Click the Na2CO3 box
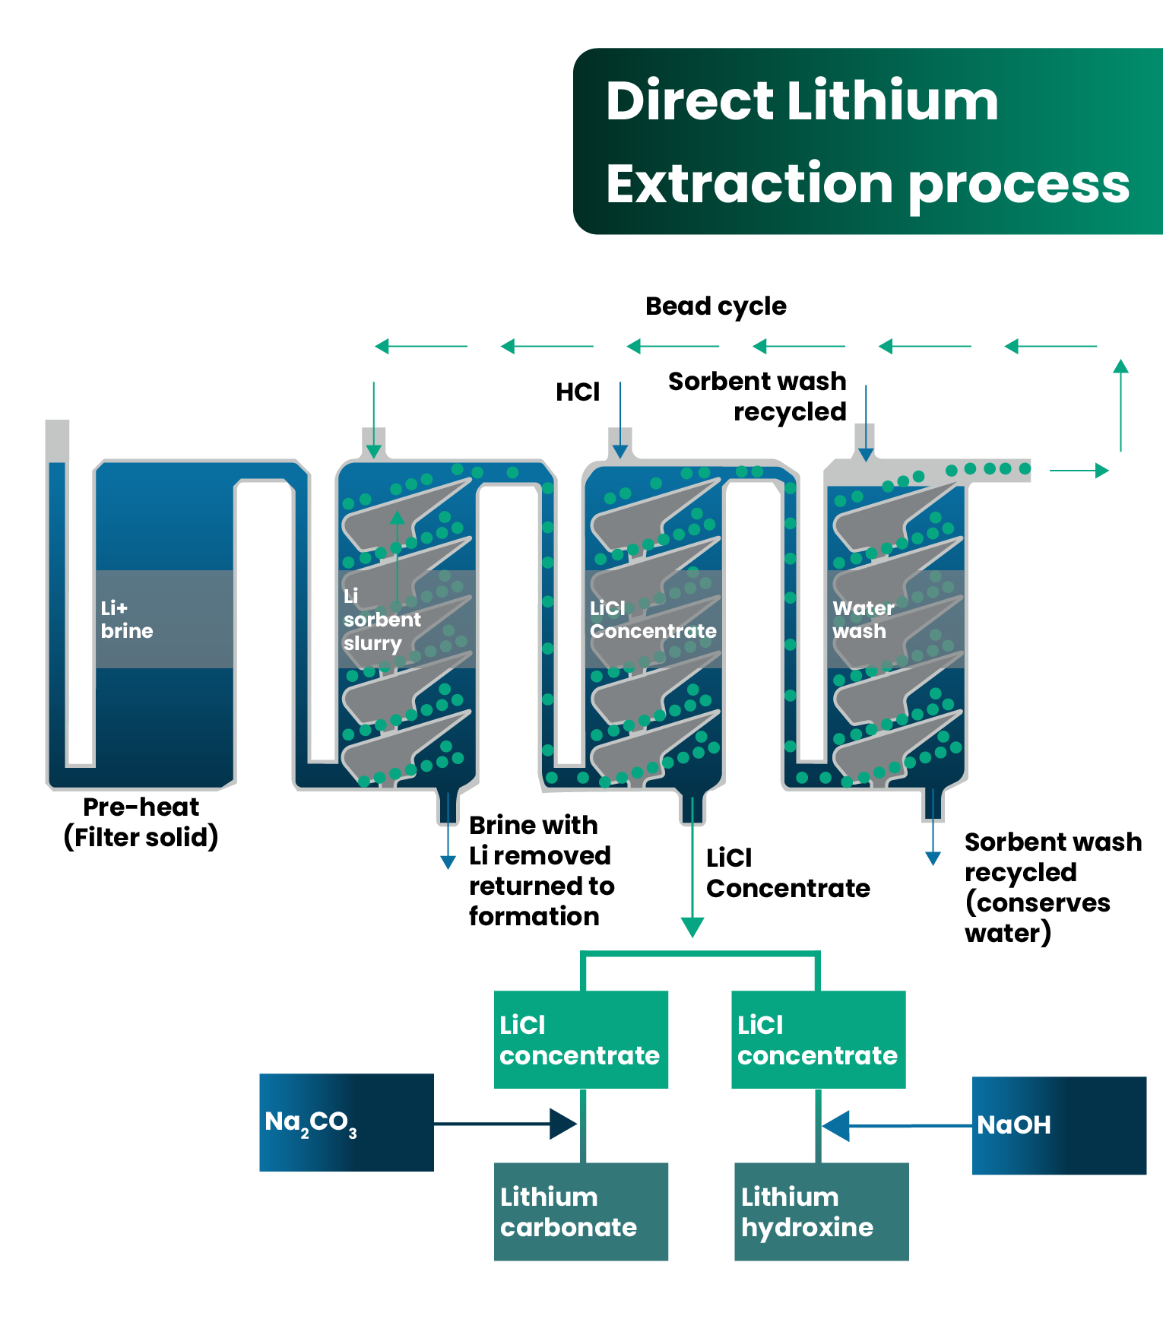(347, 1122)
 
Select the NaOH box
(1059, 1125)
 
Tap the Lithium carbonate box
(581, 1211)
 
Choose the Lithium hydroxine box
(822, 1211)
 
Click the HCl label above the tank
(578, 392)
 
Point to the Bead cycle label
(716, 306)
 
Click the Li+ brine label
(127, 620)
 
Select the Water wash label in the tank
(863, 620)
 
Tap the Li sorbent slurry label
(382, 620)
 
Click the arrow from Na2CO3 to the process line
(505, 1124)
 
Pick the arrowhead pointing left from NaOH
(836, 1126)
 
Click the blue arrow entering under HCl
(620, 420)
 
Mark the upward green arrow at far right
(1120, 405)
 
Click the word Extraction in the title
(749, 184)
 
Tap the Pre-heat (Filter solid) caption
(141, 822)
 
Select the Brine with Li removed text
(540, 841)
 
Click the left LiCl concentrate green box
(581, 1039)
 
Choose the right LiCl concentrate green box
(819, 1039)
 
